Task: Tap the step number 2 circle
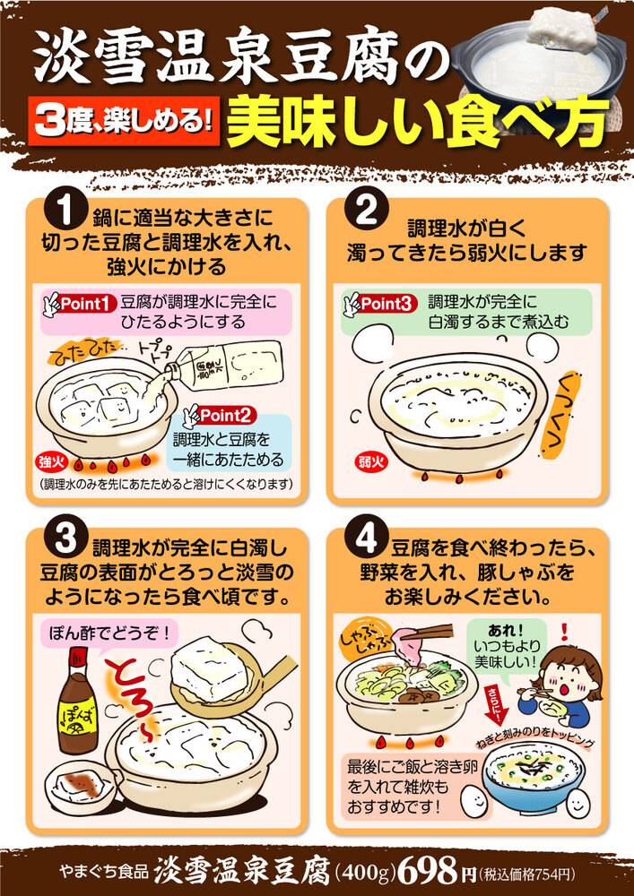click(366, 212)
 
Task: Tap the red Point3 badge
click(386, 304)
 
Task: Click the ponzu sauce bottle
click(78, 701)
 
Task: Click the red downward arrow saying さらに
click(494, 707)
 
